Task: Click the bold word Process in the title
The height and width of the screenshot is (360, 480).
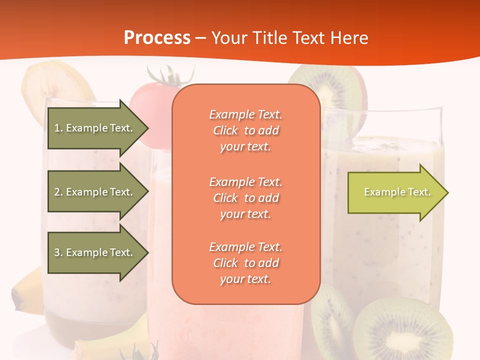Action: point(157,37)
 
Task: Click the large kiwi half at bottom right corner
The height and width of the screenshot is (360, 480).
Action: point(400,330)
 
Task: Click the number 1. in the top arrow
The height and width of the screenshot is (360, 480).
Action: point(58,128)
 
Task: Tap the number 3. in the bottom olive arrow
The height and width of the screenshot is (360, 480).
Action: point(58,252)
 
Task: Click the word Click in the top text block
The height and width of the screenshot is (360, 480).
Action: point(225,130)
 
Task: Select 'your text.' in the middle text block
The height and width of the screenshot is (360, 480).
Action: point(245,214)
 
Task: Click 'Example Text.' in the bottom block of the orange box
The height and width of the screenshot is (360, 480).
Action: point(245,247)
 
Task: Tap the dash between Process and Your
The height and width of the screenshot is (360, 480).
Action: point(201,38)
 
